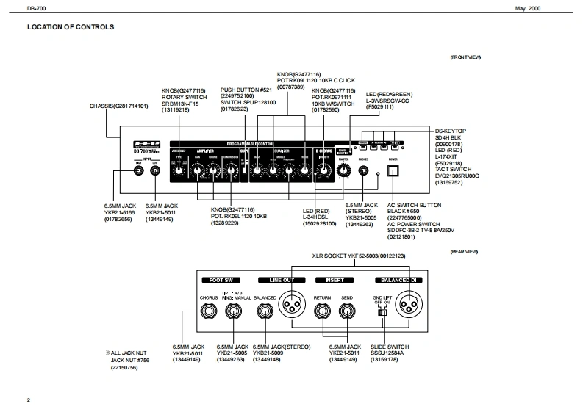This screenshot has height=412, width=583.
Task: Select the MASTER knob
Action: tap(343, 171)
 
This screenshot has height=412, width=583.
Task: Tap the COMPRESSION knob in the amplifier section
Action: tap(231, 171)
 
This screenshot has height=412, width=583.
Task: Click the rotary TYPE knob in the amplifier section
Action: tap(178, 171)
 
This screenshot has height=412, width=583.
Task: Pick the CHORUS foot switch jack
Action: tap(210, 309)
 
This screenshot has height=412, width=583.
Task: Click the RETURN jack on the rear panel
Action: tap(322, 309)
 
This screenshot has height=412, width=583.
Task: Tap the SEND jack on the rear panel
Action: tap(346, 309)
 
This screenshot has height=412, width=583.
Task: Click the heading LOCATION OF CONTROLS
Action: tap(71, 28)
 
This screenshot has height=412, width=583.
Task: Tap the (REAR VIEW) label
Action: tap(465, 252)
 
